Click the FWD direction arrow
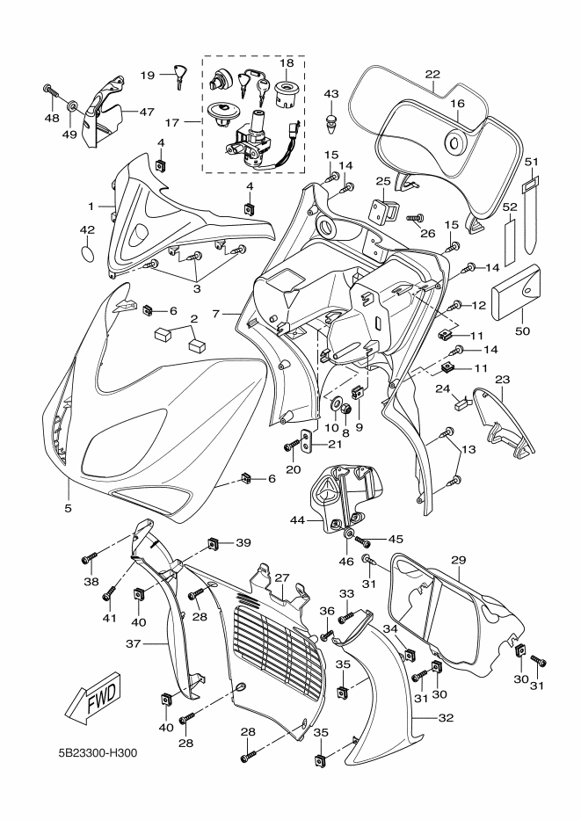93,701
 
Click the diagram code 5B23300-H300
98,753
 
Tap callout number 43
331,94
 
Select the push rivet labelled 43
331,122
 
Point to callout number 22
432,74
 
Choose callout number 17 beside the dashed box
172,123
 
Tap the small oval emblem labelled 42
88,252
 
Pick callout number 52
510,207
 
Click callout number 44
298,519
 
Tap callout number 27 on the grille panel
282,578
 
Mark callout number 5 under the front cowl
69,508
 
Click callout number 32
446,718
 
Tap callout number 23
502,380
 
